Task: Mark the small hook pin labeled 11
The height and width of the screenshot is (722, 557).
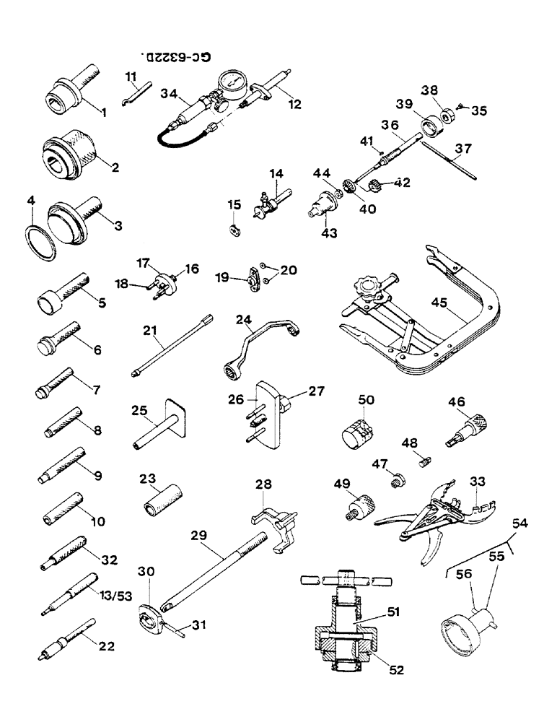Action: (x=134, y=94)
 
